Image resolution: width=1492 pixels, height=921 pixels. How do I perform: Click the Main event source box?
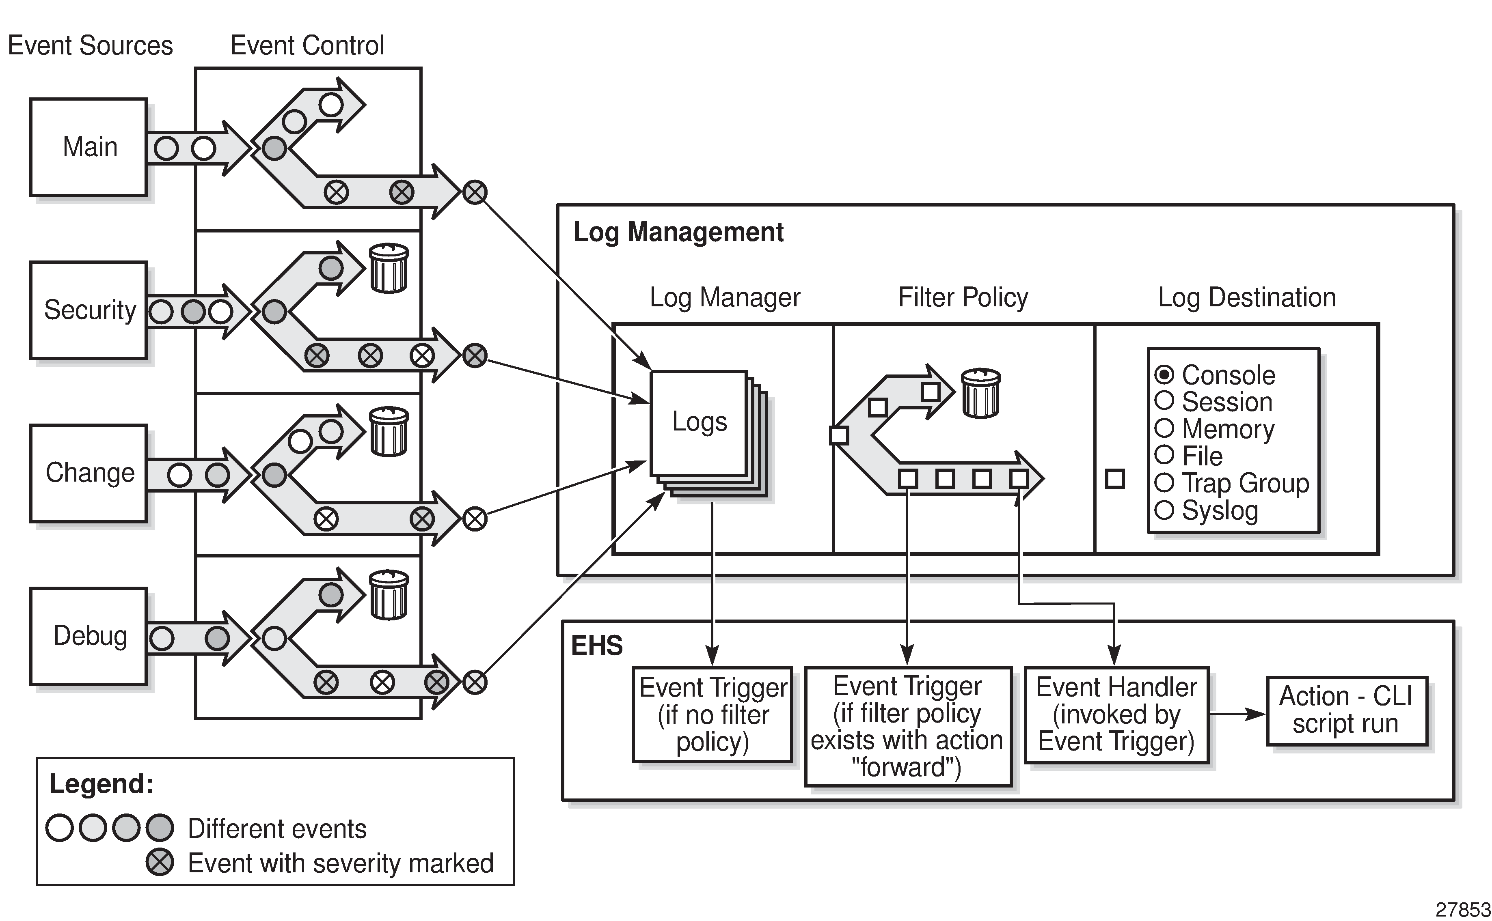(x=89, y=147)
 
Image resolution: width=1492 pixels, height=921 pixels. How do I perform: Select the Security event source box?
(x=89, y=310)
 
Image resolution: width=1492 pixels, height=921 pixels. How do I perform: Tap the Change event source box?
(x=89, y=473)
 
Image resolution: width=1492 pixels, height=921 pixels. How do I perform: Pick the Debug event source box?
(x=89, y=636)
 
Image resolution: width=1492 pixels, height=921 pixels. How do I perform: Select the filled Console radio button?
(x=1164, y=374)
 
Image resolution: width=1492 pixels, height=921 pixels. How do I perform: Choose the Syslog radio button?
(x=1164, y=510)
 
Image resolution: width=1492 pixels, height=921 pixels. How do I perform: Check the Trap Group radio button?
(x=1164, y=482)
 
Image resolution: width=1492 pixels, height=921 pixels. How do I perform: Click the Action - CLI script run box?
(x=1346, y=710)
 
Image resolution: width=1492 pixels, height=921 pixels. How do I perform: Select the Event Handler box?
(x=1116, y=714)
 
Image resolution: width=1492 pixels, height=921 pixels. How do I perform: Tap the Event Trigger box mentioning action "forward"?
(x=907, y=726)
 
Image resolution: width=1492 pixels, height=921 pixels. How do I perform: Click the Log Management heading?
(x=678, y=232)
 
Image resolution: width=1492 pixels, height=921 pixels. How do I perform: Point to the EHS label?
(x=597, y=646)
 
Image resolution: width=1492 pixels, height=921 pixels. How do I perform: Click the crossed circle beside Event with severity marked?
(x=160, y=863)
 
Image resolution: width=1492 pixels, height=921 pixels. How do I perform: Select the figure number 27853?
(x=1463, y=909)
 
